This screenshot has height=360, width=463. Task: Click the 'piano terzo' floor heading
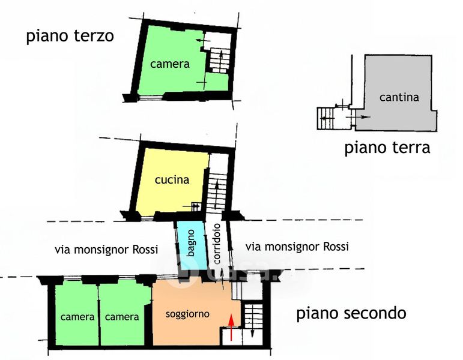point(70,36)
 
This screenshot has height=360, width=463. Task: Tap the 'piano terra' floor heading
point(387,148)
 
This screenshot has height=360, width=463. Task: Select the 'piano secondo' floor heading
point(351,313)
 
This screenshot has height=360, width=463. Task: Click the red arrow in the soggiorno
point(231,327)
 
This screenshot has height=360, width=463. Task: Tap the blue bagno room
point(192,244)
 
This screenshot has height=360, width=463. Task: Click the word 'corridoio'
point(217,244)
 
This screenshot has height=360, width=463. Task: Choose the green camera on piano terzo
point(170,62)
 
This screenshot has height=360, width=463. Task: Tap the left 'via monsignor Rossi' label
point(106,250)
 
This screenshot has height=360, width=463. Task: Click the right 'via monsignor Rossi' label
point(297,247)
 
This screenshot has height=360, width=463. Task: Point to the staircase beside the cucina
point(217,191)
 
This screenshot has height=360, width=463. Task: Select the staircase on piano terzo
point(220,61)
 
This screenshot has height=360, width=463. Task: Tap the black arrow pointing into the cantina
point(358,117)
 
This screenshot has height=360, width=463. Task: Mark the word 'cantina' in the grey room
point(399,97)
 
